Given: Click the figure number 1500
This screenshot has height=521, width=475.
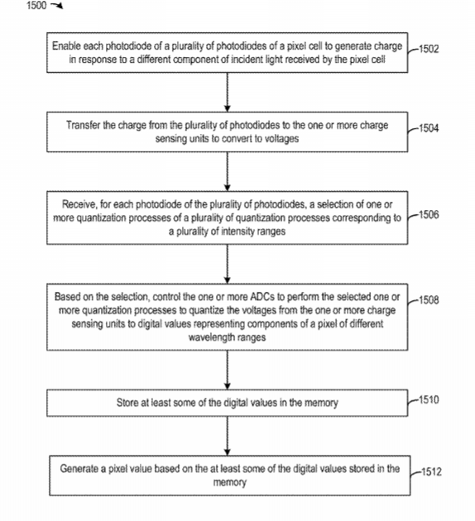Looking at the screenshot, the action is [36, 5].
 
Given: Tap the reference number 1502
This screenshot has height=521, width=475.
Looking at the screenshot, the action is [429, 49].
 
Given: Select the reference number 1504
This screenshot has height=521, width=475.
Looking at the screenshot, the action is [429, 128].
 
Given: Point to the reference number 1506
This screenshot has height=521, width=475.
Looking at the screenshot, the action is [429, 215].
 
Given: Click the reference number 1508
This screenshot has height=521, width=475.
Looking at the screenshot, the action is [429, 300].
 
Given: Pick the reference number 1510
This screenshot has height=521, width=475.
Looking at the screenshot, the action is [429, 399].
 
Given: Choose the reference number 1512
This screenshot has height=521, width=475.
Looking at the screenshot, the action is [431, 472].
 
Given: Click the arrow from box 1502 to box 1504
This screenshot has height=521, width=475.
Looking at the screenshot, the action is [228, 92].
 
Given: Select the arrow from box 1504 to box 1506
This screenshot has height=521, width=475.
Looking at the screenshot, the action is [228, 171].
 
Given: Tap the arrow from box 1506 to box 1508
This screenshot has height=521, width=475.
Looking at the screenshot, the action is [228, 264].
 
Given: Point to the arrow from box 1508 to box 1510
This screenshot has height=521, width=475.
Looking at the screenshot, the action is [228, 370].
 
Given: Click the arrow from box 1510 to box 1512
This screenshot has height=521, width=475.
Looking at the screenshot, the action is [228, 436].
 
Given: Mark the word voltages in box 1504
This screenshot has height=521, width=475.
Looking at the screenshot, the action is [282, 139].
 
